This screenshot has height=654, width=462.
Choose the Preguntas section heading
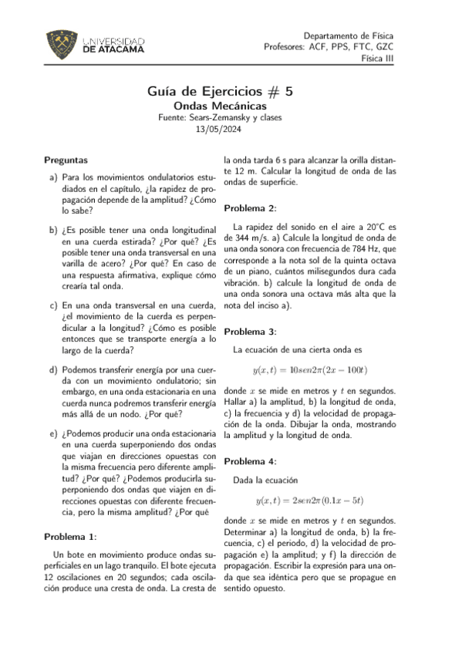coord(66,160)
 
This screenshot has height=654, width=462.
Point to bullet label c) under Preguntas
coord(52,305)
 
